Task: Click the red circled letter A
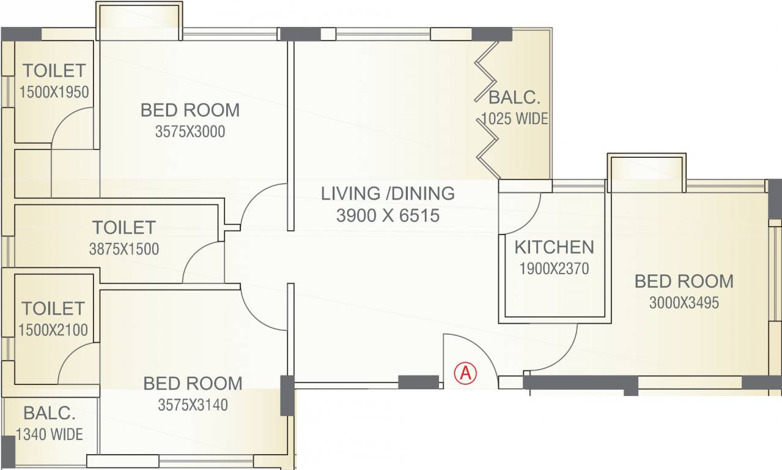465,373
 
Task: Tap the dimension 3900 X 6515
388,215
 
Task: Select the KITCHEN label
554,247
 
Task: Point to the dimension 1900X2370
554,269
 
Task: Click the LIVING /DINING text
388,193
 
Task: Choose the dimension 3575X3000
190,132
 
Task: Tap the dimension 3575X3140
193,405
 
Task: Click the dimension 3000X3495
684,302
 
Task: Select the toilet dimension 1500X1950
54,92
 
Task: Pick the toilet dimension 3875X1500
124,249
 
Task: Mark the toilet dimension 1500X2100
53,330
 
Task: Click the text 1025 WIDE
514,119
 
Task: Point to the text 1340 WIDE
50,435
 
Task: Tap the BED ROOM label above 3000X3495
684,282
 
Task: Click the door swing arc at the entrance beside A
482,349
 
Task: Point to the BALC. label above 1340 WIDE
50,413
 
